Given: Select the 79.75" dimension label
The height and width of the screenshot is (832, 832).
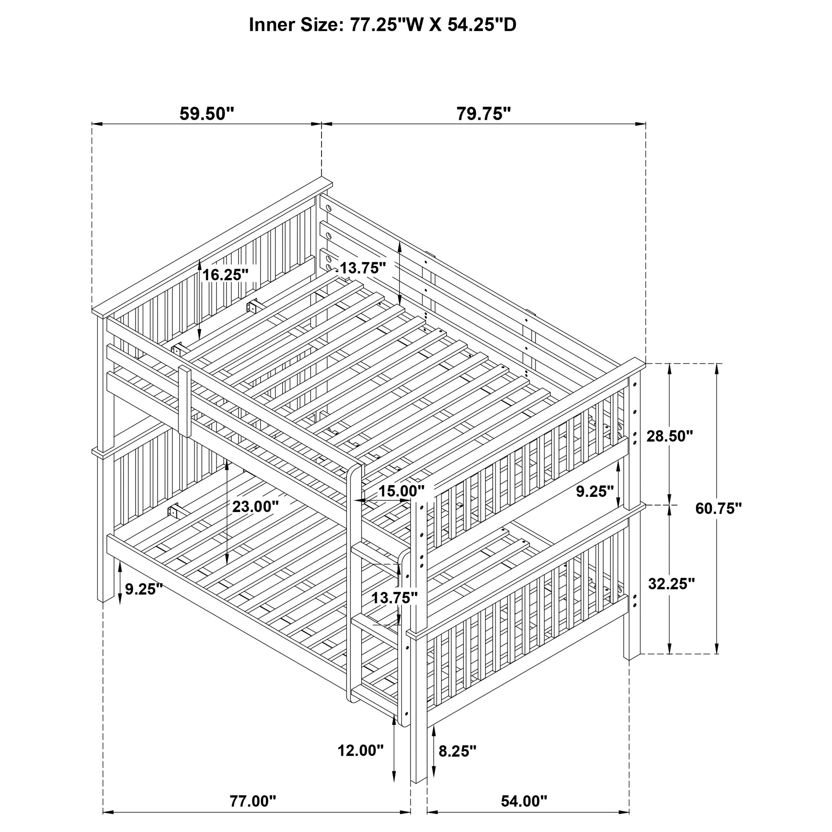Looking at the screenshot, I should coord(483,114).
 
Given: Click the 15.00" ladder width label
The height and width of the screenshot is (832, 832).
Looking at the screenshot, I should coord(401,491).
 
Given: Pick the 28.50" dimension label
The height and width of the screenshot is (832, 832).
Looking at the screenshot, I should coord(670,436).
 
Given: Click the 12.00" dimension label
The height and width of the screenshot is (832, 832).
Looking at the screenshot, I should coord(360,750).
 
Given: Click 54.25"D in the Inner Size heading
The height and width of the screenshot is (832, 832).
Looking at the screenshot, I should coord(482,25).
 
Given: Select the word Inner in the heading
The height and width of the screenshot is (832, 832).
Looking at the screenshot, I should coord(271,25).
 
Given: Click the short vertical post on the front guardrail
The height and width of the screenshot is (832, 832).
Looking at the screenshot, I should coord(185,400).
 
